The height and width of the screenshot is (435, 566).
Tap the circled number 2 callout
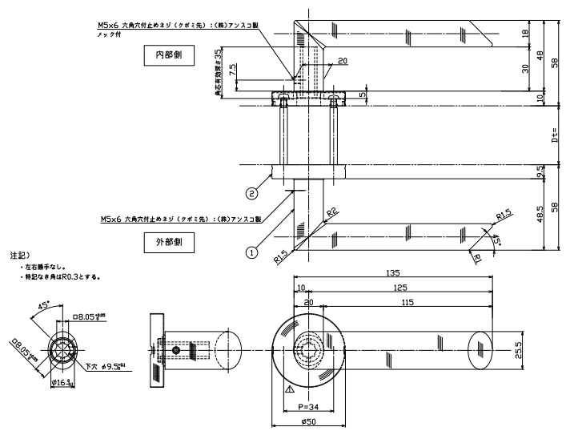[251, 192]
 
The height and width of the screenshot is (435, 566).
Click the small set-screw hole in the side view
[175, 351]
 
